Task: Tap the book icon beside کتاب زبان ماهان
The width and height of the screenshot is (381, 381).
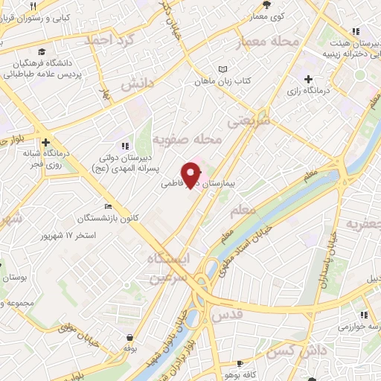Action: [221, 70]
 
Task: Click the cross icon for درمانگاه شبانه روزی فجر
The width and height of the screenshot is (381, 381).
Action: [46, 142]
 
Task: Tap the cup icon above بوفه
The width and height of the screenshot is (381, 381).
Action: [131, 336]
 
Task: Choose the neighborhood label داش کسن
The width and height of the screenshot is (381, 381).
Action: [294, 350]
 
